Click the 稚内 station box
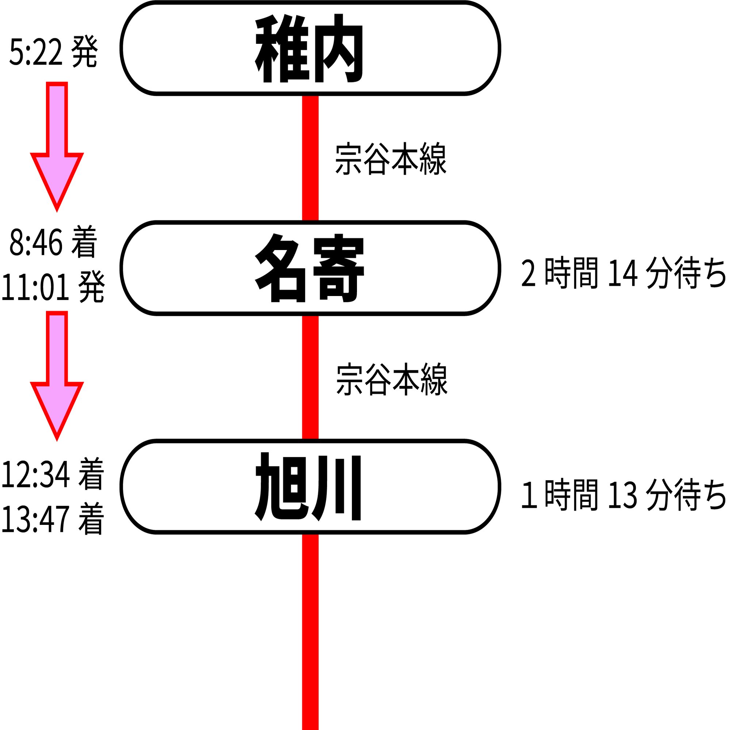tap(311, 48)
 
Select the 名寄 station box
tap(311, 268)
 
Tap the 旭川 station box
tap(311, 487)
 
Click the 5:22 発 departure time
tap(53, 52)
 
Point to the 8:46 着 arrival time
tap(53, 242)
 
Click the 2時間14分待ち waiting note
tap(623, 273)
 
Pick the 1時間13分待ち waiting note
tap(623, 495)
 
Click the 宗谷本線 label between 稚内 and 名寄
tap(391, 159)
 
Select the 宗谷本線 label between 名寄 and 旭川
tap(391, 379)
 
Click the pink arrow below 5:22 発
tap(57, 146)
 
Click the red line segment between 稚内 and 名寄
tap(310, 158)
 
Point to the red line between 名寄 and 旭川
tap(310, 377)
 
